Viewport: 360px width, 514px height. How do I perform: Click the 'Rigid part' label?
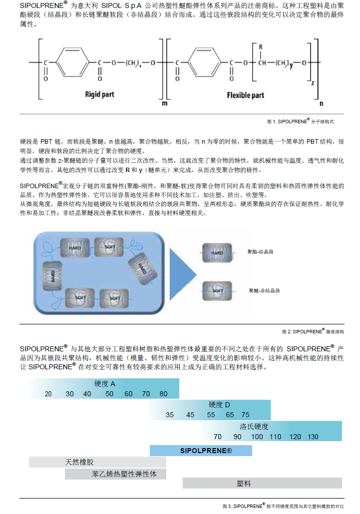tap(99, 94)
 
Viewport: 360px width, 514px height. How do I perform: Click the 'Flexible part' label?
tap(245, 95)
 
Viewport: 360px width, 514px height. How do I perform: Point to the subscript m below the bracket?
tap(164, 103)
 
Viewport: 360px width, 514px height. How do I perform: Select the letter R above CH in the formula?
tap(261, 47)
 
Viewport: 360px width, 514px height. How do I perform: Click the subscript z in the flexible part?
tap(312, 83)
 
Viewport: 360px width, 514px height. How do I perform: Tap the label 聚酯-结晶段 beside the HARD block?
tap(261, 252)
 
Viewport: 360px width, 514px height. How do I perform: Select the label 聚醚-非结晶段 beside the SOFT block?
tap(264, 290)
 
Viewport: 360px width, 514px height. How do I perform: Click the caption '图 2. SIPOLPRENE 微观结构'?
tap(313, 331)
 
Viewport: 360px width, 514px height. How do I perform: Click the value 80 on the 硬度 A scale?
tap(163, 394)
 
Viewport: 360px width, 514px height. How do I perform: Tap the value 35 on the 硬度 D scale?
tap(170, 415)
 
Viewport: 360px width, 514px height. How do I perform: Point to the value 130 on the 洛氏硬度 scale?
tap(313, 437)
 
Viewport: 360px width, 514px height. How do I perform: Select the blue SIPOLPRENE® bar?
tap(201, 451)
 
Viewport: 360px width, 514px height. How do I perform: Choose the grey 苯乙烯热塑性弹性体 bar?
tap(115, 474)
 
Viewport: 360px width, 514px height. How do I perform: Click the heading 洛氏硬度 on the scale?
tap(254, 427)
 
